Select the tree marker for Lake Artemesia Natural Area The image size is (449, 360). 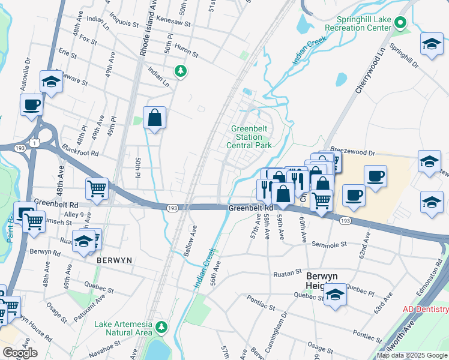[161, 327]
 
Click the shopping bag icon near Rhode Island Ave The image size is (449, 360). [154, 118]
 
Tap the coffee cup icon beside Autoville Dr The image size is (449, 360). [31, 104]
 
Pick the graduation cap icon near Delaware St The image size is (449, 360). [51, 82]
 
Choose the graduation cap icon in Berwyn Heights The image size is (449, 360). [336, 295]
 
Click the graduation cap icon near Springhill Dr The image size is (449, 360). [431, 45]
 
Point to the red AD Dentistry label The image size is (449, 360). [425, 309]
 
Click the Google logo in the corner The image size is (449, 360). [20, 353]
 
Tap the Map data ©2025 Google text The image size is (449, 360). [412, 355]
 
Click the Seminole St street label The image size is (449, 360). [330, 244]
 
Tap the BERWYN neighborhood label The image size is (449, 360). [114, 261]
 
